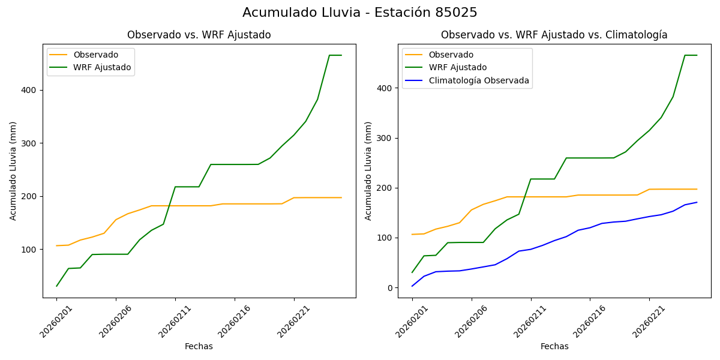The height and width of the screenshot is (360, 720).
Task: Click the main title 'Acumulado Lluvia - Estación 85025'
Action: tap(360, 13)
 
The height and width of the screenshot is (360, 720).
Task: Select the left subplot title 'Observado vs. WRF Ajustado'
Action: tap(199, 35)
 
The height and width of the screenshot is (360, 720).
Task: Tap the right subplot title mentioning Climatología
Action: tap(554, 35)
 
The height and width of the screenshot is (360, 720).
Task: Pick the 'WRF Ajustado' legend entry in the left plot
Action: tap(102, 67)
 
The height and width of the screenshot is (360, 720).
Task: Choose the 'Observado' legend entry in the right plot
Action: tap(450, 55)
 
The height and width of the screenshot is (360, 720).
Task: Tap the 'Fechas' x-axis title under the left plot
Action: tap(199, 346)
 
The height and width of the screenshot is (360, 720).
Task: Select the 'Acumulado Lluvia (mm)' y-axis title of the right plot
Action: tap(368, 170)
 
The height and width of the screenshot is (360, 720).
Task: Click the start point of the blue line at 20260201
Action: tap(412, 286)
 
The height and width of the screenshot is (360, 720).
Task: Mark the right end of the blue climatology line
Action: tap(697, 202)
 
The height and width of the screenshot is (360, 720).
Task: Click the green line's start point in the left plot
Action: tap(56, 286)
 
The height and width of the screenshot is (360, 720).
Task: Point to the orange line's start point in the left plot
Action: tap(56, 245)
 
